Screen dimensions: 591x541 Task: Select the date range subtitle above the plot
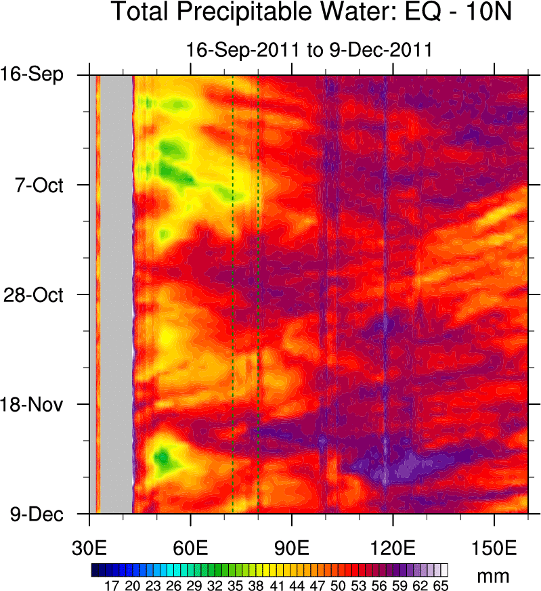click(x=309, y=50)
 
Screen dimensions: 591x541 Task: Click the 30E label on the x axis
click(x=89, y=546)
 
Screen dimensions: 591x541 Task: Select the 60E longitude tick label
click(x=191, y=546)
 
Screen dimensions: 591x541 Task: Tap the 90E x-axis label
click(x=292, y=546)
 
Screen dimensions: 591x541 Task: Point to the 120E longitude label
click(x=393, y=546)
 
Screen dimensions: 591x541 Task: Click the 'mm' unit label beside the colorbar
click(x=493, y=577)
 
